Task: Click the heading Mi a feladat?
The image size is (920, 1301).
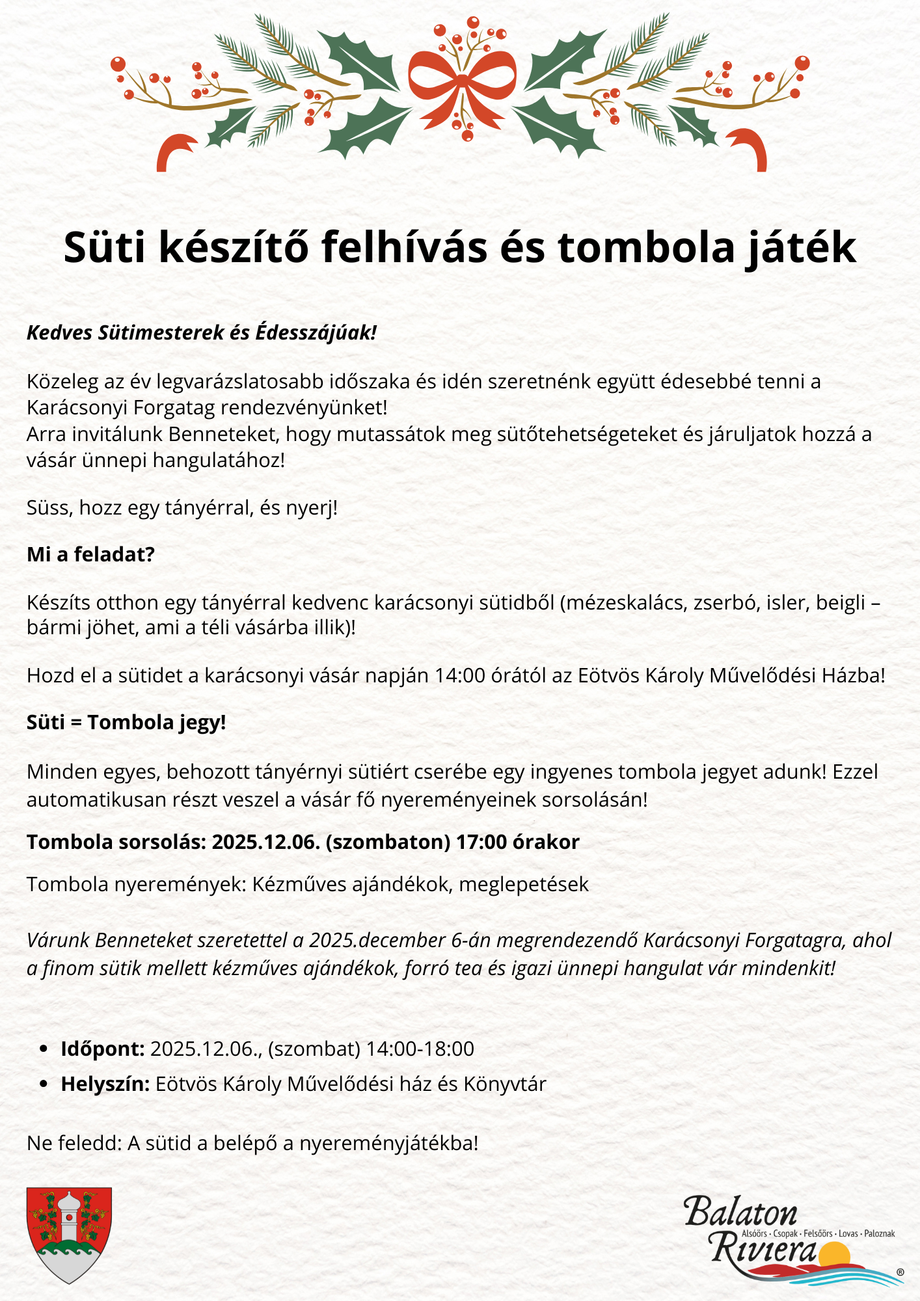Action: point(90,554)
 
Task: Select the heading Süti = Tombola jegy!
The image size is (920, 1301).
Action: point(126,723)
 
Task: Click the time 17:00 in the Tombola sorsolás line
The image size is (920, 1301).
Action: point(481,842)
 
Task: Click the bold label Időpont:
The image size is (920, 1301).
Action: point(103,1049)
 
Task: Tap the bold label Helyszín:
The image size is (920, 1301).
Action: point(105,1084)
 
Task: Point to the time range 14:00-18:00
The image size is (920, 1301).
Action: point(420,1049)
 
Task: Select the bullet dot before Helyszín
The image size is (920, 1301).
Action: point(44,1084)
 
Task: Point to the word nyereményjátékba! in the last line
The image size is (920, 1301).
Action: point(389,1143)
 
